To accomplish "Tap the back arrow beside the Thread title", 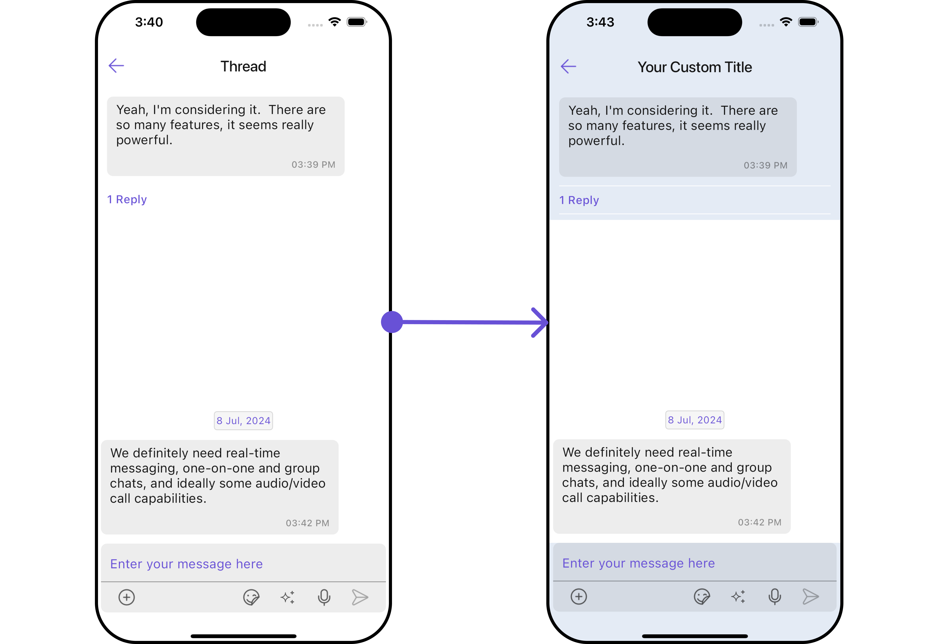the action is (x=116, y=66).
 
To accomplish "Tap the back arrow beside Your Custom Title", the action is (x=568, y=66).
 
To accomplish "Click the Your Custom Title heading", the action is (x=694, y=67).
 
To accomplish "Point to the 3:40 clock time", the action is (x=149, y=22).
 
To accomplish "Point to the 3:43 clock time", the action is (x=600, y=22).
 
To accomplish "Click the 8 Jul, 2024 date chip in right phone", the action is (x=694, y=420).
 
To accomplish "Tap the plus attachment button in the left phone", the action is (x=127, y=597).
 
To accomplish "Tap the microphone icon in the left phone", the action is (x=324, y=597).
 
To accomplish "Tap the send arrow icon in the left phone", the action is (x=360, y=597).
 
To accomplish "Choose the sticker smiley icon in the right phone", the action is (x=702, y=596).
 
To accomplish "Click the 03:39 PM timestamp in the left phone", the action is (x=313, y=165).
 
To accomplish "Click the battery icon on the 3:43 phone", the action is (x=808, y=22).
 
